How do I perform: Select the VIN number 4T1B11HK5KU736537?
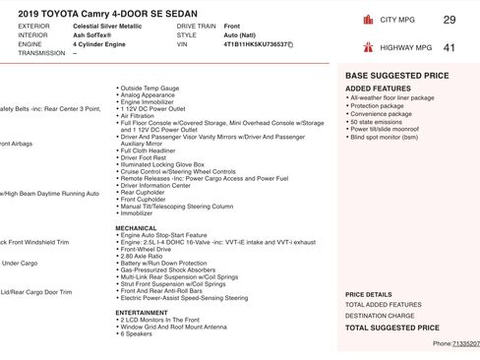click(x=255, y=44)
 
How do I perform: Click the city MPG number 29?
click(x=449, y=20)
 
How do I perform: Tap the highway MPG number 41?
click(x=449, y=46)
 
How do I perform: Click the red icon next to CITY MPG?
click(x=368, y=20)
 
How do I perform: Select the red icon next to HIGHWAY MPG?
click(x=368, y=46)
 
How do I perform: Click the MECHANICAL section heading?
click(x=136, y=227)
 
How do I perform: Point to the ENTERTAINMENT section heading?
click(x=141, y=313)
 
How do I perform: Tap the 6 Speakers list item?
click(x=137, y=334)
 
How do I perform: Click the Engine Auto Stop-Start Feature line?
click(x=162, y=235)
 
